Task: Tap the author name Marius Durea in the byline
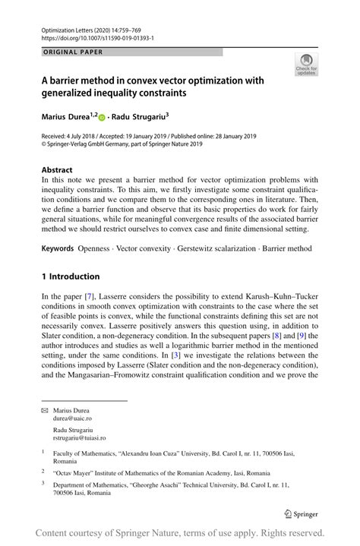(66, 118)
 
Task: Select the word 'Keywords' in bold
(58, 248)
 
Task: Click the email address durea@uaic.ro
(74, 418)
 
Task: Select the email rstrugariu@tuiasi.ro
(79, 438)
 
